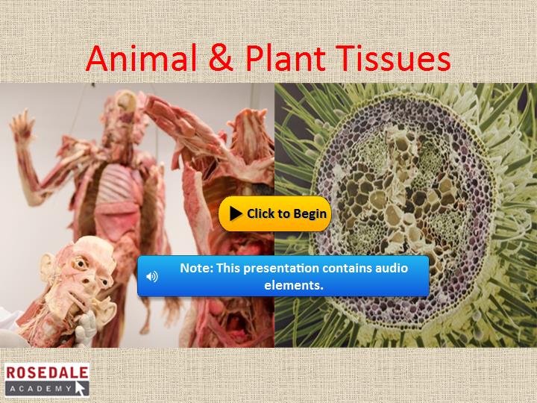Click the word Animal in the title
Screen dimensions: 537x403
click(142, 57)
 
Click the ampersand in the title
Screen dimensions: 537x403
click(222, 57)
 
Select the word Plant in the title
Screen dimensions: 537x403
click(286, 57)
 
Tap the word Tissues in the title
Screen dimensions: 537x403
click(393, 57)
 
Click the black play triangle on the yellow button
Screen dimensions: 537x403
click(236, 213)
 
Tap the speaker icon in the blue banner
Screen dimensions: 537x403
click(151, 276)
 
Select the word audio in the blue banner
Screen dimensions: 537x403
click(392, 268)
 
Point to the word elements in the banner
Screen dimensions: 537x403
click(294, 285)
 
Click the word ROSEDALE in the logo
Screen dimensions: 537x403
click(47, 372)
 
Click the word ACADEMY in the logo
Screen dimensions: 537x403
click(41, 389)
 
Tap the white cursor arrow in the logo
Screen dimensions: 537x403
click(80, 388)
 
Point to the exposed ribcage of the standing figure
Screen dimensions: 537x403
click(118, 184)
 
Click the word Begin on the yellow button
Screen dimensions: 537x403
click(310, 214)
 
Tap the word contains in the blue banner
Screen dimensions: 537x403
click(346, 268)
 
